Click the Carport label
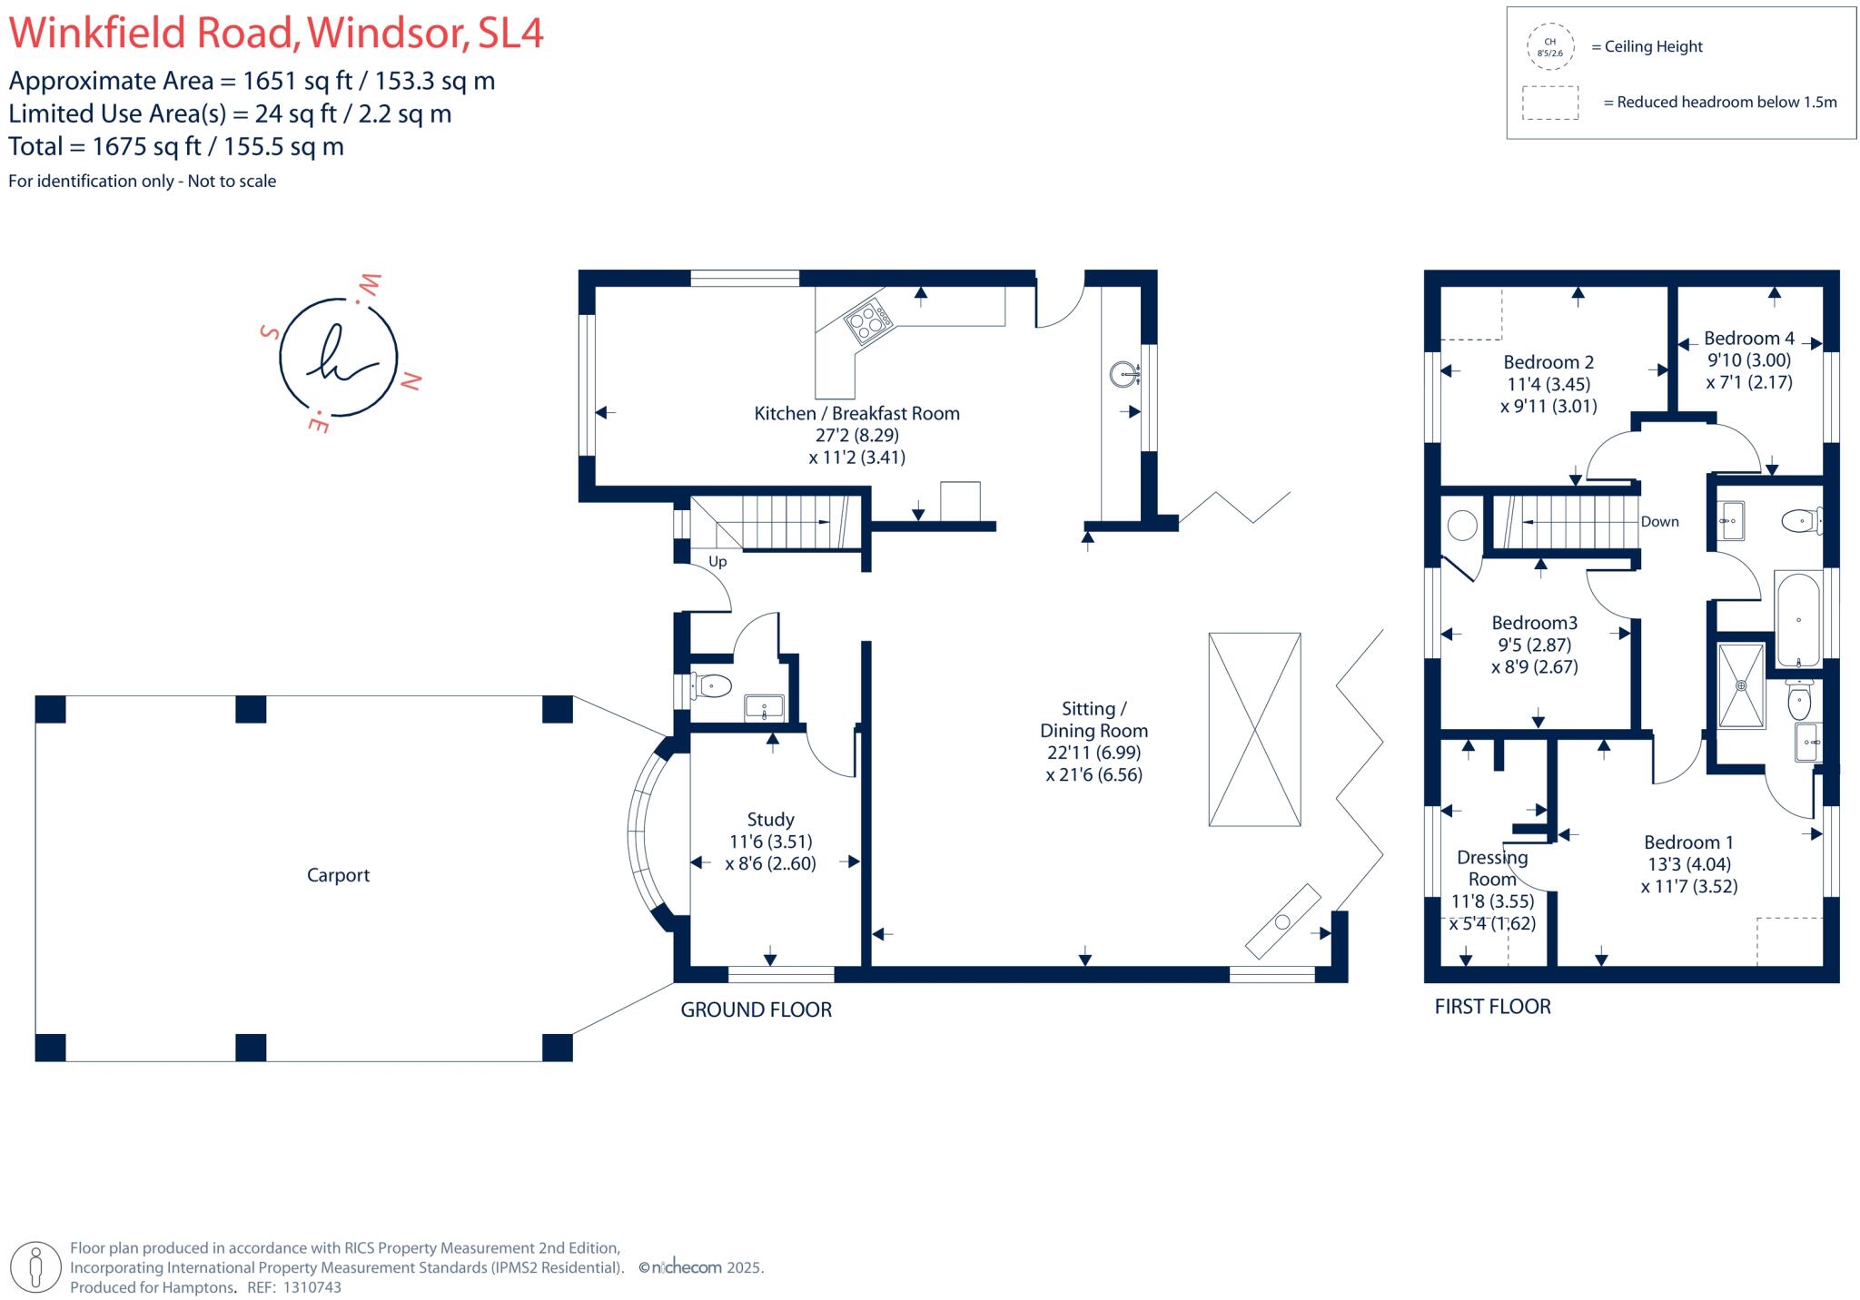point(338,875)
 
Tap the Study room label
point(770,820)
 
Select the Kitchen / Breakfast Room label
point(856,414)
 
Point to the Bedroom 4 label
point(1748,339)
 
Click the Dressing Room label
point(1492,868)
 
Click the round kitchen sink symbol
point(1125,374)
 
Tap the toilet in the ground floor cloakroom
point(712,685)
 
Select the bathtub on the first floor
point(1798,619)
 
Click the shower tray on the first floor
point(1741,686)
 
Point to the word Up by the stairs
point(717,562)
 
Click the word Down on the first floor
point(1659,522)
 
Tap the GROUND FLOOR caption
point(756,1009)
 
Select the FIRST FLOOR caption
point(1492,1007)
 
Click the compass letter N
point(411,381)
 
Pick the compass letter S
point(269,332)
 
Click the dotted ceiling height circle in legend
point(1549,47)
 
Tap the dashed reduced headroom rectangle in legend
point(1550,103)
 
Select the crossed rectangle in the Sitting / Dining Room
point(1254,729)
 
